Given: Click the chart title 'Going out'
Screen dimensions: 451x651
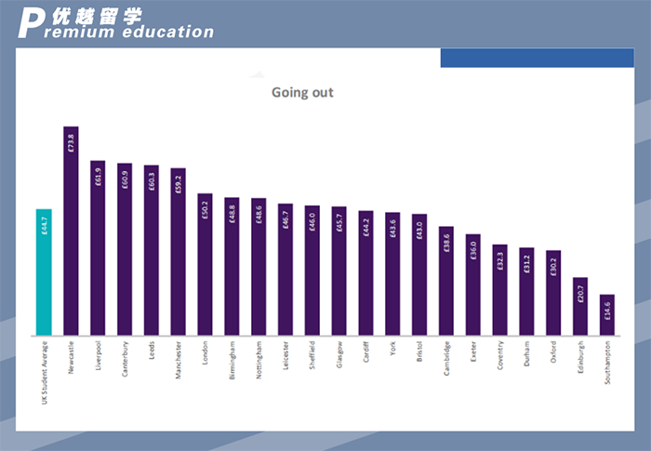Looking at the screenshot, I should [x=302, y=92].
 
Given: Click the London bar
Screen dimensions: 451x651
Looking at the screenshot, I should [x=205, y=264].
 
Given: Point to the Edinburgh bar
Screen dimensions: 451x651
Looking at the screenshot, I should [x=580, y=306].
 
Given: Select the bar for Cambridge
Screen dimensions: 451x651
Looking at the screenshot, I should [x=446, y=280].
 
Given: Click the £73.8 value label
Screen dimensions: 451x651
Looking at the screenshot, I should [x=71, y=143].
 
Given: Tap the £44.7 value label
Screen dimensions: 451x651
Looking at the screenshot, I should [x=44, y=227].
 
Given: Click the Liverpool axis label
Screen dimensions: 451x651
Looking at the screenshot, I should [x=98, y=356].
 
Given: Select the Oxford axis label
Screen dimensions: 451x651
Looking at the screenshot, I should [x=553, y=352].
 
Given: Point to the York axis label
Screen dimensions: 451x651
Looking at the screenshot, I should [x=392, y=349].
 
